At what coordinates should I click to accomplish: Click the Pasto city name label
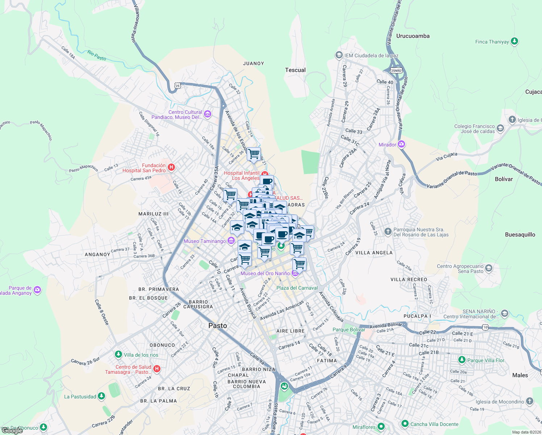(218, 326)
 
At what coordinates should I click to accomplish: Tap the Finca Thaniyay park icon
(514, 41)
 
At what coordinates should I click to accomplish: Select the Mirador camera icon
(401, 144)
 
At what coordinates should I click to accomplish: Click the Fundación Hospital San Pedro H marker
(171, 167)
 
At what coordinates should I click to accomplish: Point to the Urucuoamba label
(413, 36)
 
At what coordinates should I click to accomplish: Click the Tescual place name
(295, 70)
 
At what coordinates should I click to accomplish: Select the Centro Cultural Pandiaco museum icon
(208, 114)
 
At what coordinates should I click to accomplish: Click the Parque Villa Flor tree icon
(462, 360)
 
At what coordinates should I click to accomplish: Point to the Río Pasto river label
(97, 55)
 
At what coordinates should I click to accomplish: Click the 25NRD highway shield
(396, 70)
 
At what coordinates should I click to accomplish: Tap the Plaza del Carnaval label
(297, 288)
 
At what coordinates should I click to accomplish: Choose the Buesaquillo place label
(520, 235)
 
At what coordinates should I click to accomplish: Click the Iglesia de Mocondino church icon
(530, 401)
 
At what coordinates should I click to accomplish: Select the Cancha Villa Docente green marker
(405, 423)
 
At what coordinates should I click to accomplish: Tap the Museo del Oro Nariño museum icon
(295, 273)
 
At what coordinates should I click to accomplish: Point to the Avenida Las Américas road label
(282, 310)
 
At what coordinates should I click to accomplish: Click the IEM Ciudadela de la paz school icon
(339, 55)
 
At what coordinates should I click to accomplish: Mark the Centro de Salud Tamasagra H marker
(157, 369)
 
